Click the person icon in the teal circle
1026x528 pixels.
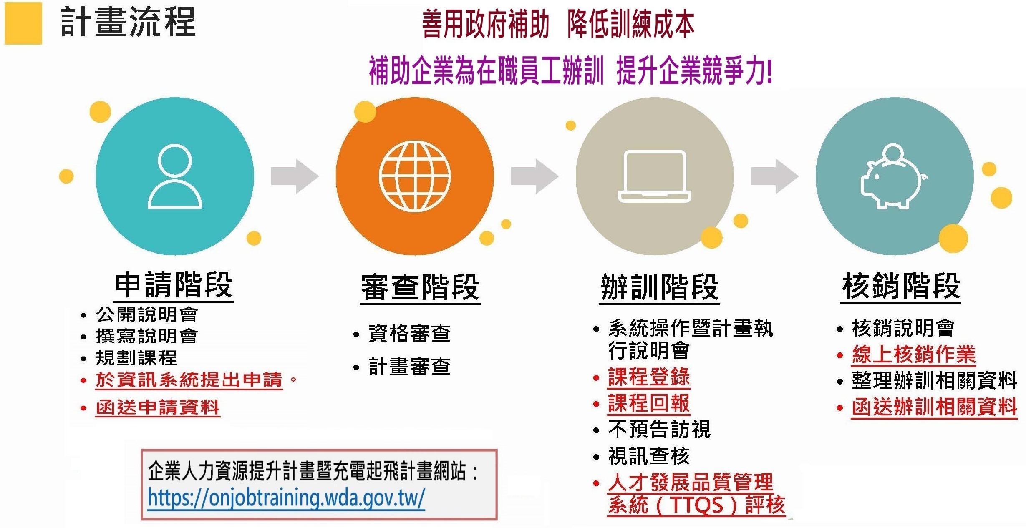[x=175, y=176]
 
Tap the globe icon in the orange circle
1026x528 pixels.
[x=415, y=176]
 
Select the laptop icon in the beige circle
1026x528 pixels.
[x=654, y=176]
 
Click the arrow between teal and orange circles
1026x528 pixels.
[x=295, y=176]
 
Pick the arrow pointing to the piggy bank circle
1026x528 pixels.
[x=774, y=176]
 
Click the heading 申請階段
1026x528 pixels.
[x=173, y=285]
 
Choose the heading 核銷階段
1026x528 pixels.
[x=901, y=287]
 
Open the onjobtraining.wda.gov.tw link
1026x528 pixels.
[x=286, y=498]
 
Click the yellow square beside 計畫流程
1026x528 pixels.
[x=23, y=23]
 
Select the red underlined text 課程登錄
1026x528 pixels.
[x=649, y=377]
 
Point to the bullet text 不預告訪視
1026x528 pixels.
[x=659, y=430]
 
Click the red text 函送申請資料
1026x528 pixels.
[x=158, y=407]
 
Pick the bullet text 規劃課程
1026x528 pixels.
[x=136, y=358]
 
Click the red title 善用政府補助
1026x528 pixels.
[x=485, y=25]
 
